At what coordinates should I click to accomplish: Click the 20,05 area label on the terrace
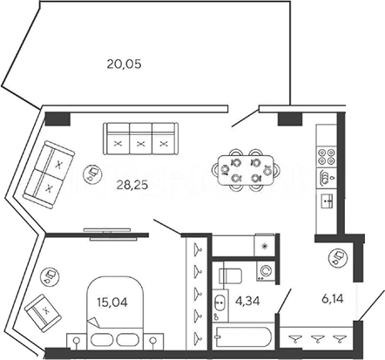tap(124, 64)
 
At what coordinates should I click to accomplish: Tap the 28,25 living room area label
tap(132, 185)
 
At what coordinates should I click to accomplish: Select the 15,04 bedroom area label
tap(112, 302)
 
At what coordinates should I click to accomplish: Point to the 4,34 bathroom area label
tap(247, 301)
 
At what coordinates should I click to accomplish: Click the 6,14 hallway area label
tap(333, 298)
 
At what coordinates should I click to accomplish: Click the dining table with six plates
tap(246, 170)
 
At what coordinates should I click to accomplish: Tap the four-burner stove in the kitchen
tap(327, 157)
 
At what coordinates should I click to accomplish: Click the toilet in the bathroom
tap(230, 276)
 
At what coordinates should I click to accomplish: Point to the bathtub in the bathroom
tap(243, 336)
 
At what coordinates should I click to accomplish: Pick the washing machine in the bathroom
tap(266, 271)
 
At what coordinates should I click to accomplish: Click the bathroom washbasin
tap(220, 303)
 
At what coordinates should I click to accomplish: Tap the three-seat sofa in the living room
tap(140, 139)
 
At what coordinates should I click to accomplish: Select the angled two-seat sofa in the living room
tap(49, 174)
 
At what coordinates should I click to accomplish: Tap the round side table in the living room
tap(92, 173)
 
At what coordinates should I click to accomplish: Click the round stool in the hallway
tap(337, 257)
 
